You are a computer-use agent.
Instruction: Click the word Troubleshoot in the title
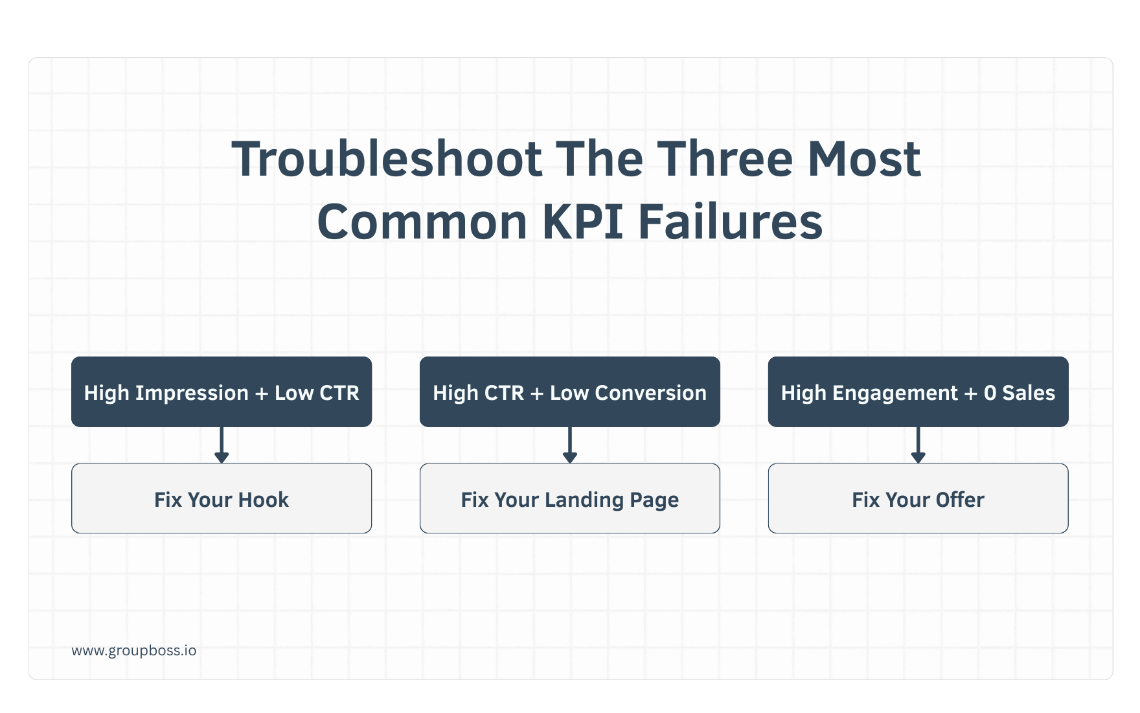[387, 159]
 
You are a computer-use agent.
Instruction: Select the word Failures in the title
[730, 222]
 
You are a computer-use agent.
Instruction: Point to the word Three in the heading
[725, 159]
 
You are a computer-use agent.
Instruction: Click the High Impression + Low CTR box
[222, 392]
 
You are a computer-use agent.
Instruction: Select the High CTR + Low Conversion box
[570, 392]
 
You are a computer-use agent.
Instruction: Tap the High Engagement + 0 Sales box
[918, 392]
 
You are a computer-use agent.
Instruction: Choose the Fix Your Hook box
[222, 498]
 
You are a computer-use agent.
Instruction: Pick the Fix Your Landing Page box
[570, 498]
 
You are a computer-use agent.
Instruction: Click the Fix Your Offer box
[918, 498]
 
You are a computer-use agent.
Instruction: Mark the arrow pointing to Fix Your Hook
[222, 445]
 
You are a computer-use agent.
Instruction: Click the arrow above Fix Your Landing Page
[570, 445]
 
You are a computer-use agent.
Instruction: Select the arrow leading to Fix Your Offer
[918, 445]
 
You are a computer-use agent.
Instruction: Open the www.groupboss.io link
[134, 650]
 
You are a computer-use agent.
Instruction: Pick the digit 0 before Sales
[990, 393]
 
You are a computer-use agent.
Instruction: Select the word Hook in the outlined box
[263, 500]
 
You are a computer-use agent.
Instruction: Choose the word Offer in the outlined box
[960, 500]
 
